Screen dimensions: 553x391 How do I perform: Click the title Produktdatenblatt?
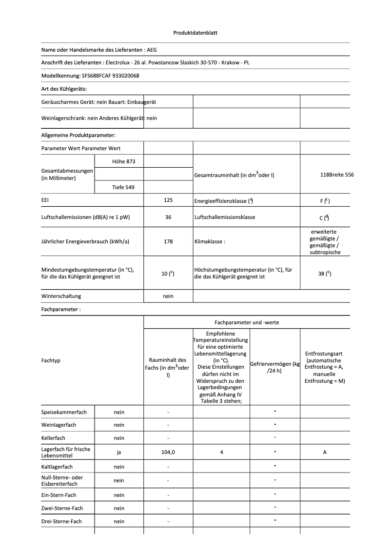click(195, 33)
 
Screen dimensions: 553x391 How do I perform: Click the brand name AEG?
click(152, 50)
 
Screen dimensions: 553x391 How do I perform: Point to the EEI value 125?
click(168, 200)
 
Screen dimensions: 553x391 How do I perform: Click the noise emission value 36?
click(168, 217)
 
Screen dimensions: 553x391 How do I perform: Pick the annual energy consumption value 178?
click(168, 241)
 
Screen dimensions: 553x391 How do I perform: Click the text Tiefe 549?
click(119, 187)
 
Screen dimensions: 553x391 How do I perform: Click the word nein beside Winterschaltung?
click(168, 296)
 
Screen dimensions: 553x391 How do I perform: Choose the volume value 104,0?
click(168, 452)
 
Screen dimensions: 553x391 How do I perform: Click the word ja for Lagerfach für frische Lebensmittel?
click(119, 452)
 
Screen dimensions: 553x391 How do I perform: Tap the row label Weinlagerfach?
click(59, 425)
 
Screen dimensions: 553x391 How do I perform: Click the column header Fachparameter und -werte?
click(247, 322)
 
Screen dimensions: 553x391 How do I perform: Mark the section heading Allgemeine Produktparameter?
click(78, 135)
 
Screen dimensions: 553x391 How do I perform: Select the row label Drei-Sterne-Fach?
click(61, 521)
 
